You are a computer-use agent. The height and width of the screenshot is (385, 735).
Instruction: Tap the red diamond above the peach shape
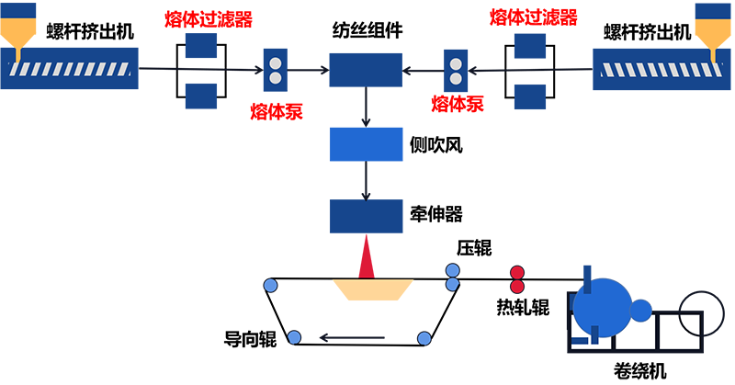pyautogui.click(x=367, y=256)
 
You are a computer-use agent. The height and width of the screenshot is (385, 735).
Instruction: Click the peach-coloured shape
pyautogui.click(x=371, y=299)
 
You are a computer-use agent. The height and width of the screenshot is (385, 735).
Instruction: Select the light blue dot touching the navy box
pyautogui.click(x=271, y=286)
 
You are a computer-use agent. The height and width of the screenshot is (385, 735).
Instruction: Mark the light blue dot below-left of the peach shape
pyautogui.click(x=294, y=337)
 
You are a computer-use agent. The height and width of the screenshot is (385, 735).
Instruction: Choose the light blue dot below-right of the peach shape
pyautogui.click(x=424, y=339)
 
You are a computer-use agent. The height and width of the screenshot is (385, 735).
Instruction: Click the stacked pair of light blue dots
pyautogui.click(x=452, y=278)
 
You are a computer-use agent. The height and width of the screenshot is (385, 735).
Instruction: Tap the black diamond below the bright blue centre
pyautogui.click(x=367, y=179)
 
